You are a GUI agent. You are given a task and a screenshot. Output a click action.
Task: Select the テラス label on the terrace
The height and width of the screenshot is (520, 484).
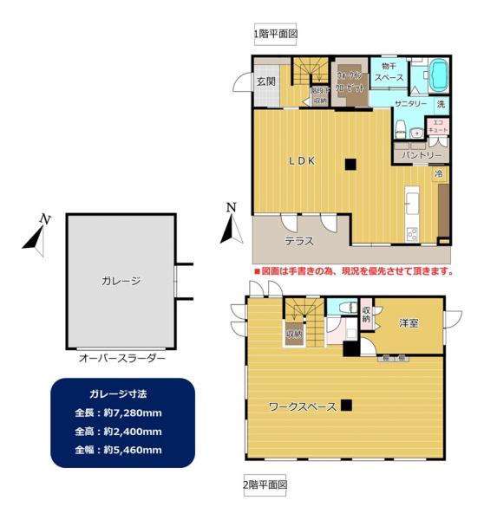pyautogui.click(x=299, y=241)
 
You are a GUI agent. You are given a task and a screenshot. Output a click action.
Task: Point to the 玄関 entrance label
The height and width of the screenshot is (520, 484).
pyautogui.click(x=265, y=81)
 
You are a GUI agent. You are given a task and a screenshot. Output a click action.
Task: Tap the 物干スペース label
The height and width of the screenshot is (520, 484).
pyautogui.click(x=388, y=74)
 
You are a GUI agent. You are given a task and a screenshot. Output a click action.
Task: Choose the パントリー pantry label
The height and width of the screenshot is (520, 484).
pyautogui.click(x=421, y=154)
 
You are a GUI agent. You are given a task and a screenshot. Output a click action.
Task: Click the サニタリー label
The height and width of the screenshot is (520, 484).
pyautogui.click(x=410, y=104)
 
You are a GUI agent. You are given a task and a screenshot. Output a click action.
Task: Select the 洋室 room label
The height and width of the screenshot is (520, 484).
pyautogui.click(x=409, y=323)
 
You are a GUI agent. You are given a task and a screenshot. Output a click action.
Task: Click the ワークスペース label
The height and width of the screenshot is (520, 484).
pyautogui.click(x=302, y=406)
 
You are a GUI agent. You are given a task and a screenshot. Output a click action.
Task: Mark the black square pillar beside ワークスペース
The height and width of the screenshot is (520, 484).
pyautogui.click(x=346, y=405)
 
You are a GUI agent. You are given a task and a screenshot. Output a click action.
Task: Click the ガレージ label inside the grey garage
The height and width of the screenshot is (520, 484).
pyautogui.click(x=120, y=280)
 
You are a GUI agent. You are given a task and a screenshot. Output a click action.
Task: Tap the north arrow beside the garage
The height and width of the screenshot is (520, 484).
pyautogui.click(x=36, y=234)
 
